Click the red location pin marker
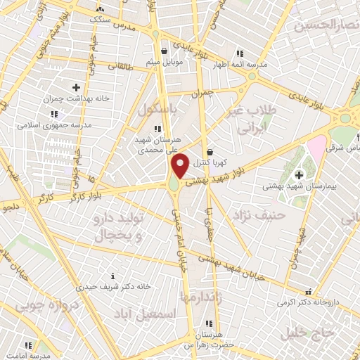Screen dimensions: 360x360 (x=180, y=165)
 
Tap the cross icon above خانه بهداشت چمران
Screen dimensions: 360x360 (x=76, y=87)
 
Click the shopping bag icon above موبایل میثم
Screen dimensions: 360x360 (x=164, y=51)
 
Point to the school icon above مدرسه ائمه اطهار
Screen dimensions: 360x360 (x=239, y=53)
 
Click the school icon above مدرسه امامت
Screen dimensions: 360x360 (x=29, y=345)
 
